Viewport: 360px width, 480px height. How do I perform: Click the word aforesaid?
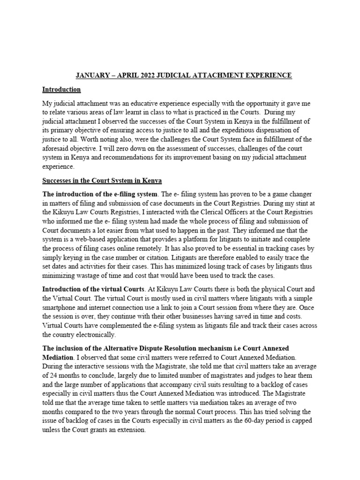[x=58, y=148]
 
